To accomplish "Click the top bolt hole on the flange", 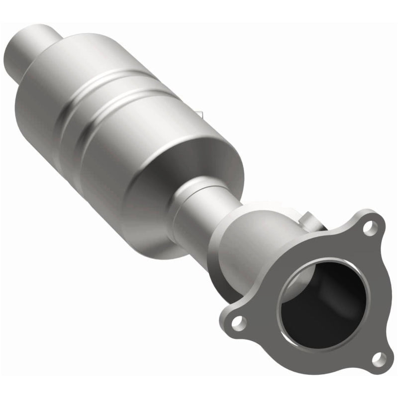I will point(368,227).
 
